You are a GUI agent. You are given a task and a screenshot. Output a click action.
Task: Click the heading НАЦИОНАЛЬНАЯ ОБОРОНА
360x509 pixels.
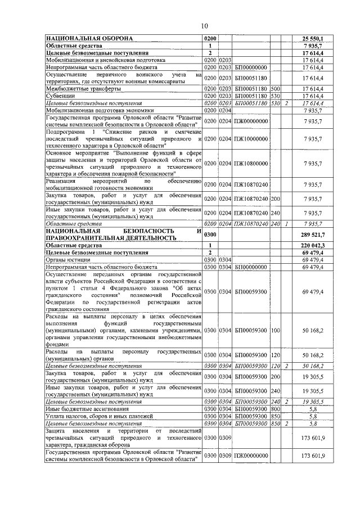click(89, 38)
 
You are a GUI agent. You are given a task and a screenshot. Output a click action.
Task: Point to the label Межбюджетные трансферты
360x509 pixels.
click(75, 89)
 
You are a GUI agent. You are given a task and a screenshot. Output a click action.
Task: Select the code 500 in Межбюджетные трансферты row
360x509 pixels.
click(275, 89)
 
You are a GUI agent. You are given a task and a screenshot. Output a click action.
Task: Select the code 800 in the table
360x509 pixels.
click(275, 409)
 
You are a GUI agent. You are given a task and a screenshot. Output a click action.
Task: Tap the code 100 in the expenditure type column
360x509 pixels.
click(275, 330)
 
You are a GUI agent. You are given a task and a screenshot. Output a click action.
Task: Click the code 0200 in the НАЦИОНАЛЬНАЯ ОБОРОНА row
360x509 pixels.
click(210, 38)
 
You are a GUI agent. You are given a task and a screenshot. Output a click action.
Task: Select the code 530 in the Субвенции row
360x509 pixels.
click(275, 96)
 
